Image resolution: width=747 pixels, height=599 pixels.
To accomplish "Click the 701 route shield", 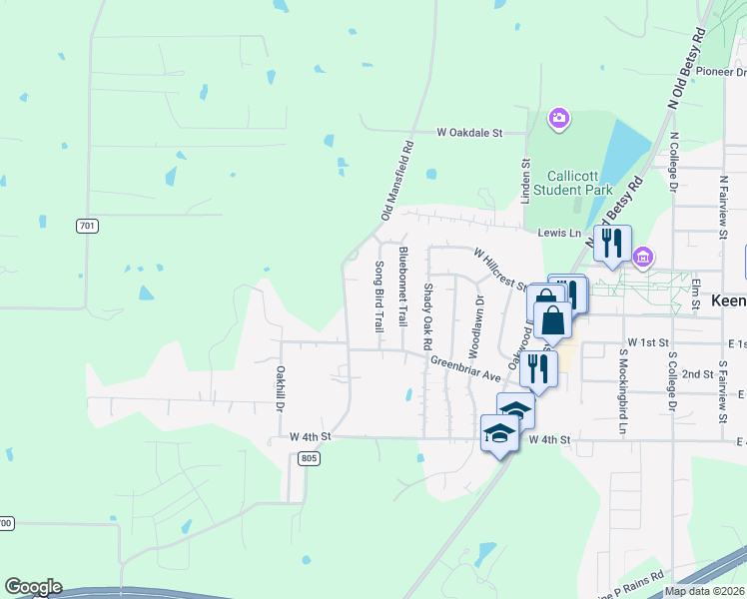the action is pyautogui.click(x=88, y=226).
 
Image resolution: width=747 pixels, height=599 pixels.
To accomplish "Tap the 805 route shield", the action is pyautogui.click(x=309, y=458).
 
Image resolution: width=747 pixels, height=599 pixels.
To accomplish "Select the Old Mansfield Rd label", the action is pyautogui.click(x=396, y=181).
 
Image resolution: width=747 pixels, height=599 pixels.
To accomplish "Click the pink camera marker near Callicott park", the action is pyautogui.click(x=559, y=120).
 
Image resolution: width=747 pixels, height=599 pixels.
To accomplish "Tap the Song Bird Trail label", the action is pyautogui.click(x=379, y=298).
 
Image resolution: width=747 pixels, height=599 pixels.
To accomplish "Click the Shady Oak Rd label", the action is pyautogui.click(x=427, y=315).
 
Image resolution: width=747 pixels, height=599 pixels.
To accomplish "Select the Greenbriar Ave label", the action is pyautogui.click(x=465, y=369).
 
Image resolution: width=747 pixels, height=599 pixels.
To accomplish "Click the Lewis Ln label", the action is pyautogui.click(x=559, y=233).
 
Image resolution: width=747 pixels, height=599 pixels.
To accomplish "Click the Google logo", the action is pyautogui.click(x=32, y=587).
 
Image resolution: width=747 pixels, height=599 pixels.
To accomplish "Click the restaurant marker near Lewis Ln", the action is pyautogui.click(x=610, y=243).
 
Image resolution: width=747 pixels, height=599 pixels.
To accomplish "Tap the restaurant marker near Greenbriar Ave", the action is pyautogui.click(x=538, y=367).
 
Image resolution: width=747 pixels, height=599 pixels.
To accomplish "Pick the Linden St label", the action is pyautogui.click(x=525, y=177).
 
